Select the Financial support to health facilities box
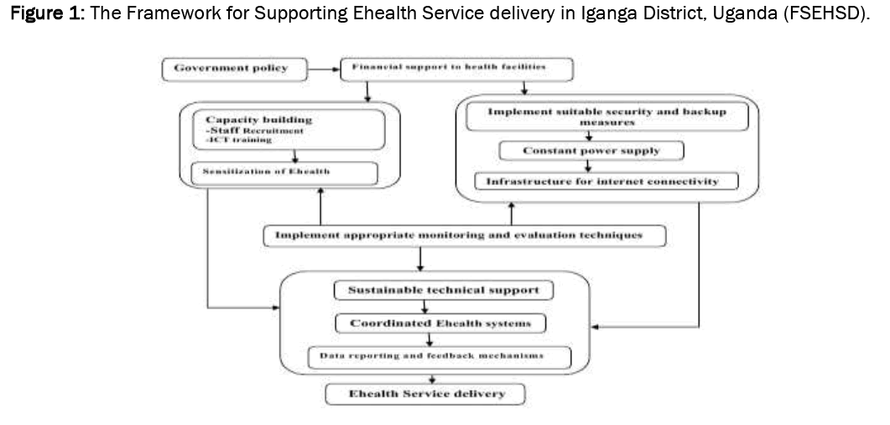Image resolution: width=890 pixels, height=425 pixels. pyautogui.click(x=455, y=69)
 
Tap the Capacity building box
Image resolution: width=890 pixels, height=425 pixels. pyautogui.click(x=289, y=130)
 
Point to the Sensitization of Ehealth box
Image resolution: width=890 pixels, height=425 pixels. pyautogui.click(x=284, y=172)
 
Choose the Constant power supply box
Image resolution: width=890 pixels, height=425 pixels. pyautogui.click(x=591, y=151)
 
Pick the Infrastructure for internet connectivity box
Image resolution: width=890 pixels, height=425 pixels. pyautogui.click(x=606, y=181)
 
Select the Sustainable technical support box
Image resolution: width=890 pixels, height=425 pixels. pyautogui.click(x=444, y=290)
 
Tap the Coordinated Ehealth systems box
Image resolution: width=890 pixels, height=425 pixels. pyautogui.click(x=439, y=323)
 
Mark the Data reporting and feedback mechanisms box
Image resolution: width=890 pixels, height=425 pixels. pyautogui.click(x=439, y=356)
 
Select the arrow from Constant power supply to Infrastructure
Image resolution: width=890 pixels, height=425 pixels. pyautogui.click(x=590, y=166)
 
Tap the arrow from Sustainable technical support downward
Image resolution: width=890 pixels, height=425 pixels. pyautogui.click(x=425, y=307)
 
